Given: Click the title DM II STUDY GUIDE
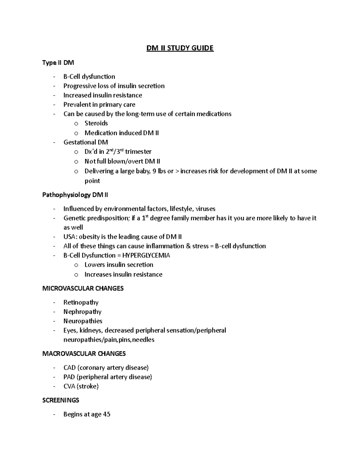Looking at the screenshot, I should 180,48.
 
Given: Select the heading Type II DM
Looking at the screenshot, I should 58,63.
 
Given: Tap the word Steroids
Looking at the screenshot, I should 96,123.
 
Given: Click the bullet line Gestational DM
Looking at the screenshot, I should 85,142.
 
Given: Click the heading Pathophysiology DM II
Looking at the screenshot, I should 75,195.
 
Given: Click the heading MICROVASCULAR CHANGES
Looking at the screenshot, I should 83,288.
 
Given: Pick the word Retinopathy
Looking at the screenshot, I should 81,302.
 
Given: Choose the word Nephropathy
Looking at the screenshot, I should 82,312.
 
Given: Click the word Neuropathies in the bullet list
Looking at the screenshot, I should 83,321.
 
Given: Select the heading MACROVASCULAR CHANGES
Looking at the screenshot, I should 84,354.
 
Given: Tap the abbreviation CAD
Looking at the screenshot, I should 69,368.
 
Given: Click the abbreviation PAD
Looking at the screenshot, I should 69,377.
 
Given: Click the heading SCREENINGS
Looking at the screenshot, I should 61,400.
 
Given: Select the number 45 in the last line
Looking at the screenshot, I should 106,414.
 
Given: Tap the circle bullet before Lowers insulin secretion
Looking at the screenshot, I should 76,265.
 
